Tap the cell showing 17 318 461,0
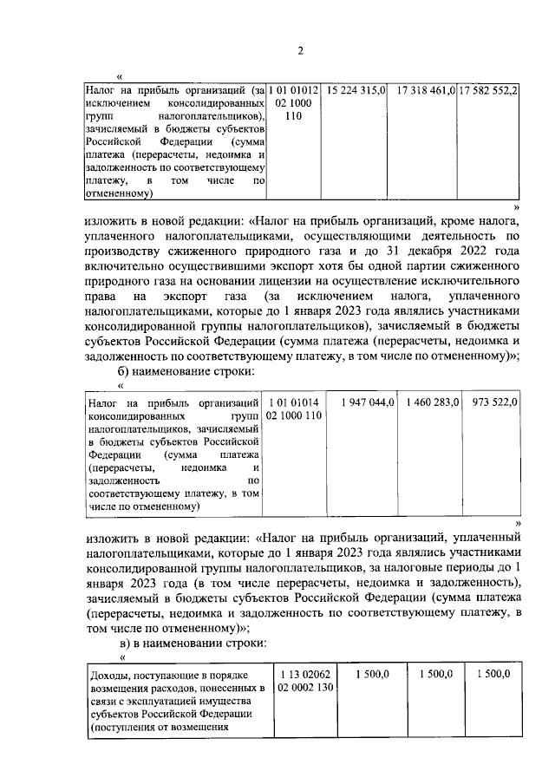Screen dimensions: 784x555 click(x=425, y=90)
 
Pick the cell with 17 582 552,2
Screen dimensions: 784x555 click(x=488, y=90)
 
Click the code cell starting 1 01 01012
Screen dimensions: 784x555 click(x=294, y=103)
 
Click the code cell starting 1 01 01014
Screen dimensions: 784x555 click(x=294, y=409)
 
